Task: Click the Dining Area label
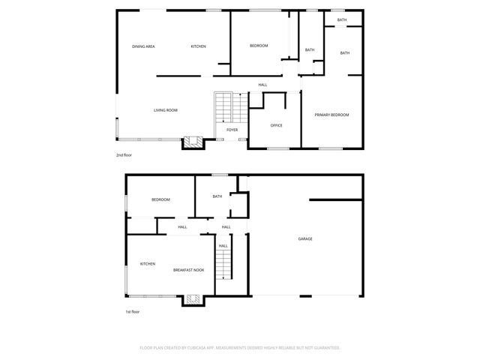[x=143, y=46]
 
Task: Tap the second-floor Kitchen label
[x=198, y=46]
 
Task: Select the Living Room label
[x=166, y=110]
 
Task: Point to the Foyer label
[x=232, y=130]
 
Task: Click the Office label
[x=276, y=125]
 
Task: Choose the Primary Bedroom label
[x=331, y=115]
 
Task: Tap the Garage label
[x=305, y=238]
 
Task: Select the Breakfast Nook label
[x=188, y=270]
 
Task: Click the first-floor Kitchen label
[x=147, y=263]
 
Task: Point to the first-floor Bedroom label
[x=160, y=199]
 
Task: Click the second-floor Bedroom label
[x=259, y=46]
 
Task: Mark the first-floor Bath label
[x=217, y=196]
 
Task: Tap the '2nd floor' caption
[x=124, y=155]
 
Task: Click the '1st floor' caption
[x=133, y=311]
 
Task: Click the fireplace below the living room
[x=192, y=142]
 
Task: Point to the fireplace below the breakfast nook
[x=192, y=299]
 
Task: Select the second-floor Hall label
[x=262, y=85]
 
